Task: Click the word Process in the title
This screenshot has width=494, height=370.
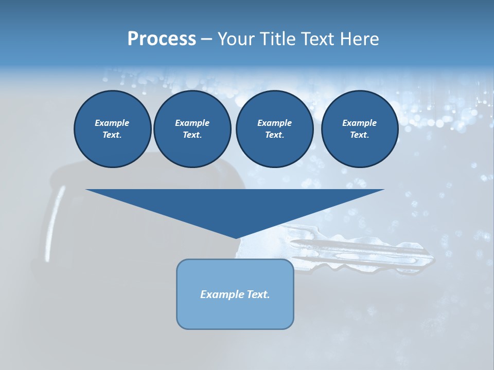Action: pyautogui.click(x=162, y=39)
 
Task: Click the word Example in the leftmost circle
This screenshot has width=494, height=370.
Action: pyautogui.click(x=112, y=123)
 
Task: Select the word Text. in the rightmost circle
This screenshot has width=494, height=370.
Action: pyautogui.click(x=360, y=135)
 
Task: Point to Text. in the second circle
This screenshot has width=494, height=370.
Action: pyautogui.click(x=192, y=135)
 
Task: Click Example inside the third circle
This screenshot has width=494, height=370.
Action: pyautogui.click(x=274, y=123)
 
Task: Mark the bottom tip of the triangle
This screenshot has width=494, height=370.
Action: pyautogui.click(x=236, y=237)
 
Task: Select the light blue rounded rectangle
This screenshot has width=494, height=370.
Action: pyautogui.click(x=235, y=313)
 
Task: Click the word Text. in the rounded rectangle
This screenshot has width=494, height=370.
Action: pyautogui.click(x=258, y=294)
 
